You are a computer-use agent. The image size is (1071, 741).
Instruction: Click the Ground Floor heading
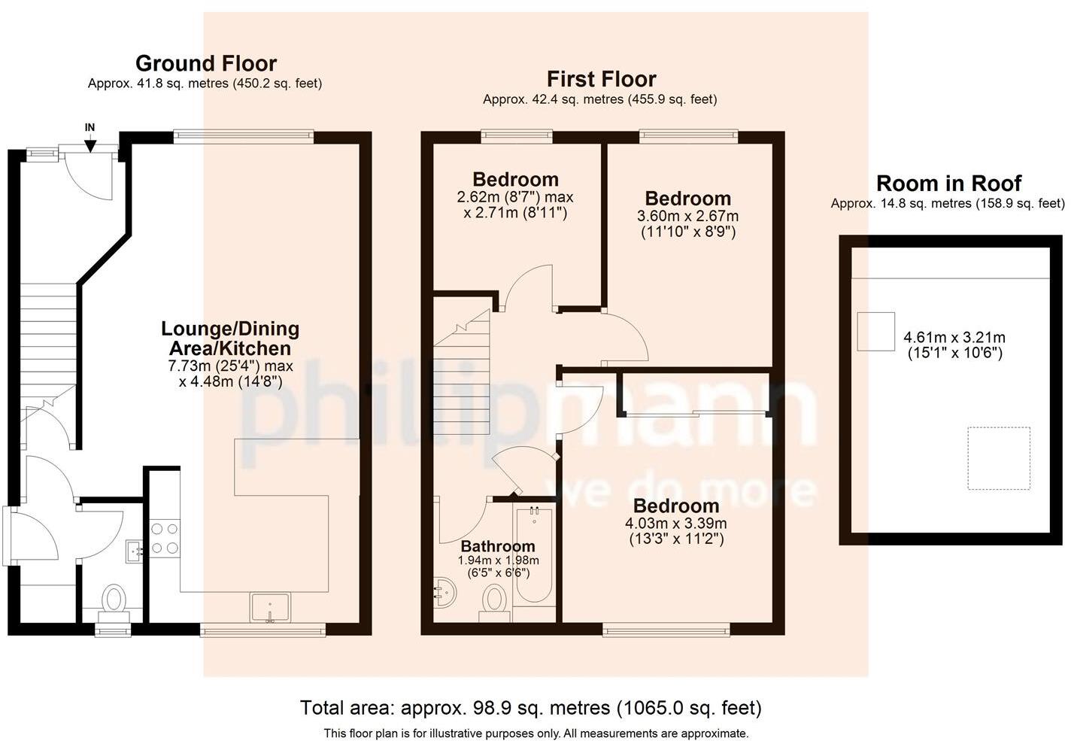coord(206,63)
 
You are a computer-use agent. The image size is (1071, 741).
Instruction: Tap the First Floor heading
coord(602,79)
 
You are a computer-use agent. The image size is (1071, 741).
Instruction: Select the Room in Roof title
coord(948,184)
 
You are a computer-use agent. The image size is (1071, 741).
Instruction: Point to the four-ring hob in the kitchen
coord(165,539)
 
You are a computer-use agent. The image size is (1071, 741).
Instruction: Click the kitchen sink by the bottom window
coord(270,608)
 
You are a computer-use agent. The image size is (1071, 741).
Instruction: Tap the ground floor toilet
coord(114,603)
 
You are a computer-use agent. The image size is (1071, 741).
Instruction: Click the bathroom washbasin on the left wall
coord(444,592)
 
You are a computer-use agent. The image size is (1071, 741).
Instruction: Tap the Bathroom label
coord(498,546)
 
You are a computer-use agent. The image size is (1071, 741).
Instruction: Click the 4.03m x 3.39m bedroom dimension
coord(676,524)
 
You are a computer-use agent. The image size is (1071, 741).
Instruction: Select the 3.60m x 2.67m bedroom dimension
coord(687,216)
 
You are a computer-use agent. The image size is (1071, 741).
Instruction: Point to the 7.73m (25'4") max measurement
coord(230,366)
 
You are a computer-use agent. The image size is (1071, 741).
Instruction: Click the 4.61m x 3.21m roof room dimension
coord(954,338)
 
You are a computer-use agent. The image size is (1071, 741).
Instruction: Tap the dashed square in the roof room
coord(999,458)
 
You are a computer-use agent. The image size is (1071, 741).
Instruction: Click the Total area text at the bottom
coord(531,707)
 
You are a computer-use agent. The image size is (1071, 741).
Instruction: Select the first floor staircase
coord(462,372)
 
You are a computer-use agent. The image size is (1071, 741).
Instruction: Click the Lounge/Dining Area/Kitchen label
coord(230,339)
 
